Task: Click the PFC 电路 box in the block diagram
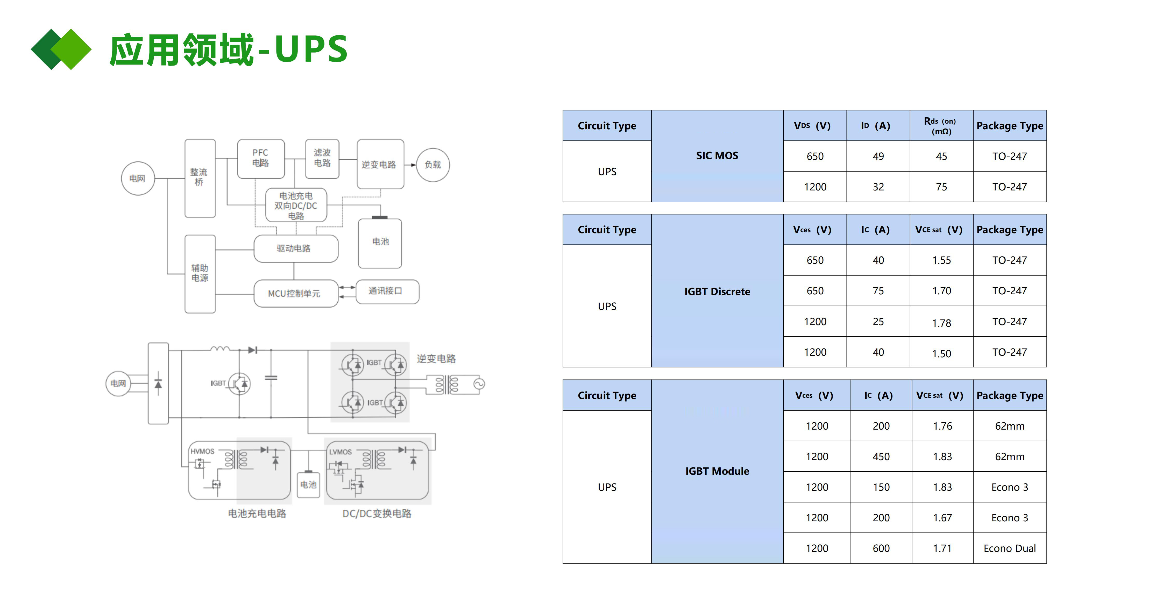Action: [x=260, y=158]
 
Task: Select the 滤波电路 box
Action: [x=322, y=158]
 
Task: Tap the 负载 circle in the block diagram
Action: [x=432, y=165]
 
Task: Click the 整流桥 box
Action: [x=200, y=178]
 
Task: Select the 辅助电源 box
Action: [x=200, y=273]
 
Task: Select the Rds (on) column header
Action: [x=941, y=126]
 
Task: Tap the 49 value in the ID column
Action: [x=878, y=156]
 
